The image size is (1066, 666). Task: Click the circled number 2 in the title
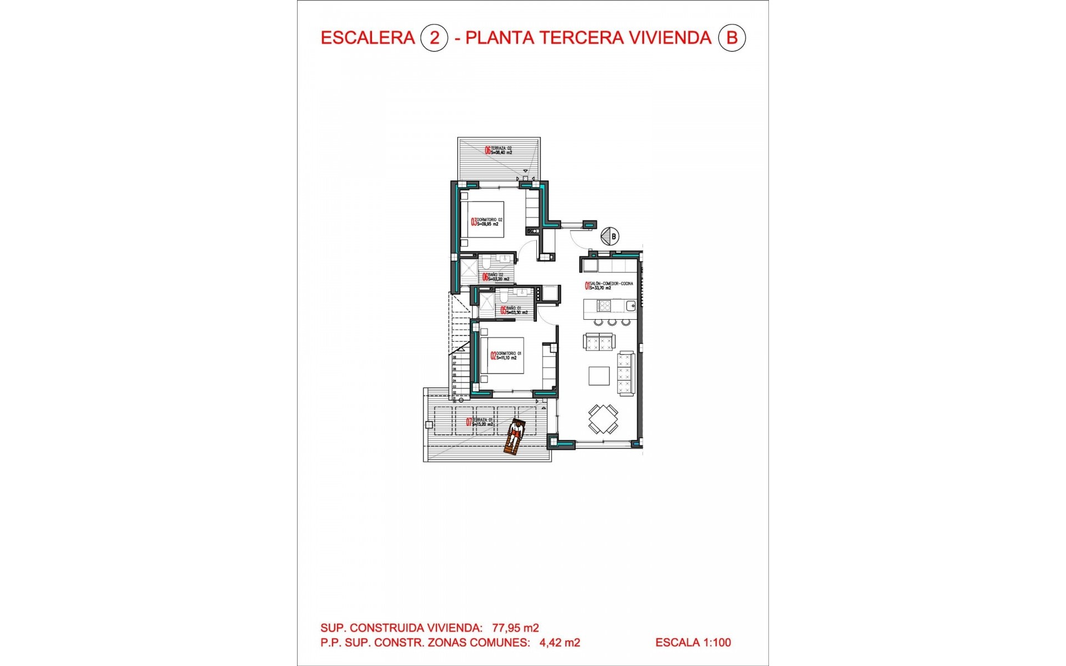click(434, 38)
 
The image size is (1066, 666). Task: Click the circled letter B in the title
click(732, 38)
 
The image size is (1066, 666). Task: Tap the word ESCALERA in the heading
click(368, 38)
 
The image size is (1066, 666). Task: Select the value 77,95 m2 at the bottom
click(515, 628)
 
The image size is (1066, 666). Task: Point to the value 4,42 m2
click(560, 643)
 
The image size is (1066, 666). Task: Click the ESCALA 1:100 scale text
click(693, 643)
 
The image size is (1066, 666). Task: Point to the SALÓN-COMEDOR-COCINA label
click(609, 286)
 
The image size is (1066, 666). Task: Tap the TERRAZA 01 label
click(481, 422)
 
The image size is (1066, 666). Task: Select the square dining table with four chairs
click(603, 419)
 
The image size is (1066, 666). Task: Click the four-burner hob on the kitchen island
click(604, 305)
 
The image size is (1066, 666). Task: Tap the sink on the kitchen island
click(630, 305)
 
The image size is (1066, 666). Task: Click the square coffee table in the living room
click(599, 376)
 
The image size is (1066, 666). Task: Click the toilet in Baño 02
click(485, 261)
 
